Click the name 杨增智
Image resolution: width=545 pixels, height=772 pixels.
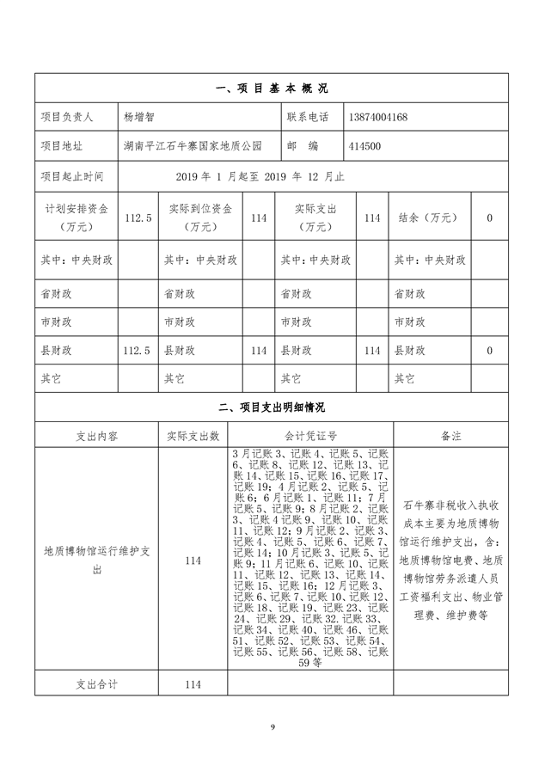coord(141,117)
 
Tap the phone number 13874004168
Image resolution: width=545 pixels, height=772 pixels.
coord(379,117)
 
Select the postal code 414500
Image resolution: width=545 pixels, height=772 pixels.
coord(366,146)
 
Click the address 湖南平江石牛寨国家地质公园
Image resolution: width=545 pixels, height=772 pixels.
coord(192,146)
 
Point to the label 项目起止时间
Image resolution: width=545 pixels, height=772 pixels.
coord(72,176)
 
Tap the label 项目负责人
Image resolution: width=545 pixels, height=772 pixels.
coord(72,117)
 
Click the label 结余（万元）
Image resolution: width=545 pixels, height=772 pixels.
coord(426,218)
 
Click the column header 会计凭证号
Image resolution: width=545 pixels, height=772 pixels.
coord(310,436)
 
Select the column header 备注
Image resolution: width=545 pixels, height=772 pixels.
coord(450,436)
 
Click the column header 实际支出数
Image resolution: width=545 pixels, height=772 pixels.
coord(193,436)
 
